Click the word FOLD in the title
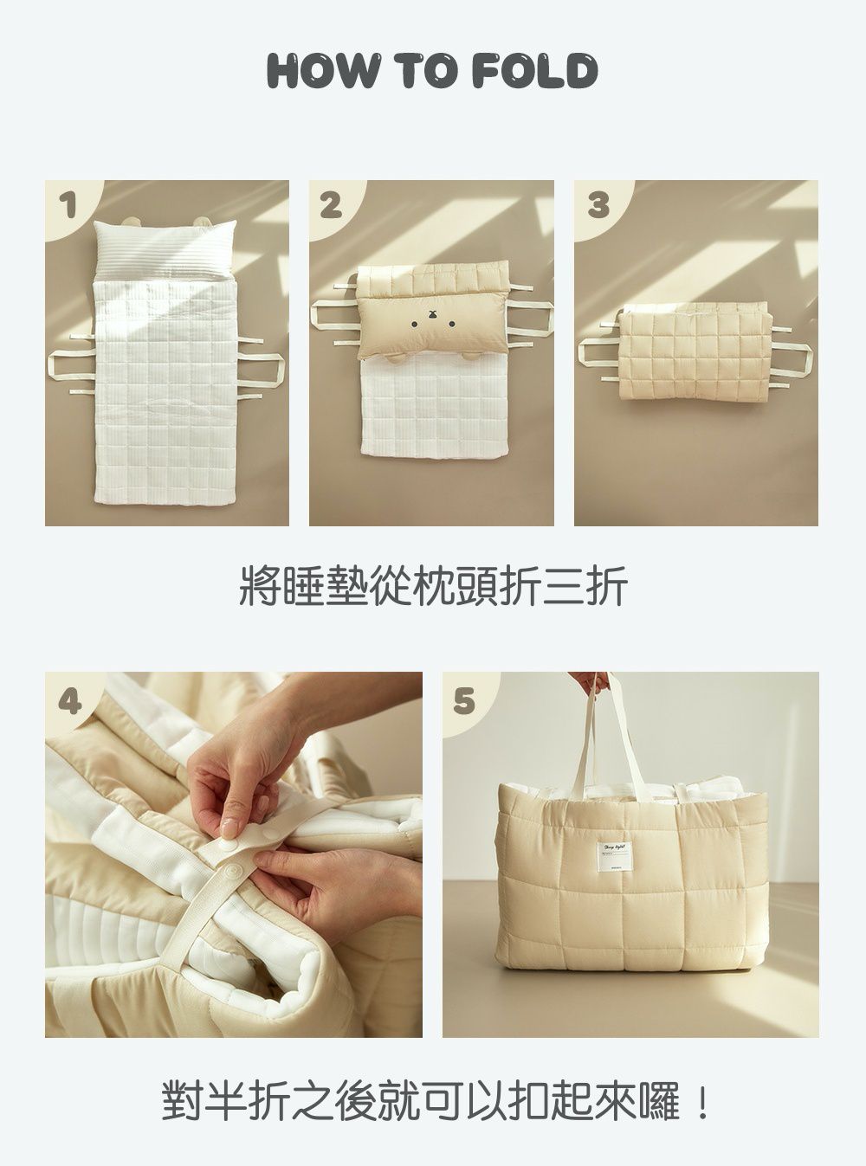point(535,71)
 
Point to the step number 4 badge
point(68,699)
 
